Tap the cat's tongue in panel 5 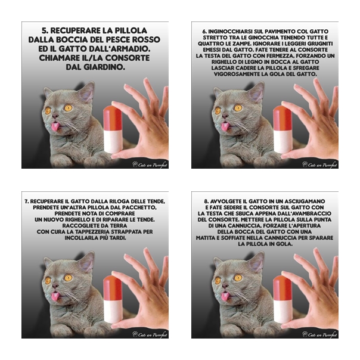click(55, 126)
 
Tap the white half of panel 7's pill click(113, 311)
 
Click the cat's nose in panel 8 click(225, 286)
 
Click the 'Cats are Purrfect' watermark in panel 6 click(320, 165)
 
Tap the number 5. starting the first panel click(45, 30)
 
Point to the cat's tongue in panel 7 click(55, 296)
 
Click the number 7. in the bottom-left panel click(27, 201)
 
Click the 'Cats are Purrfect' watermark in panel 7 click(150, 334)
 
